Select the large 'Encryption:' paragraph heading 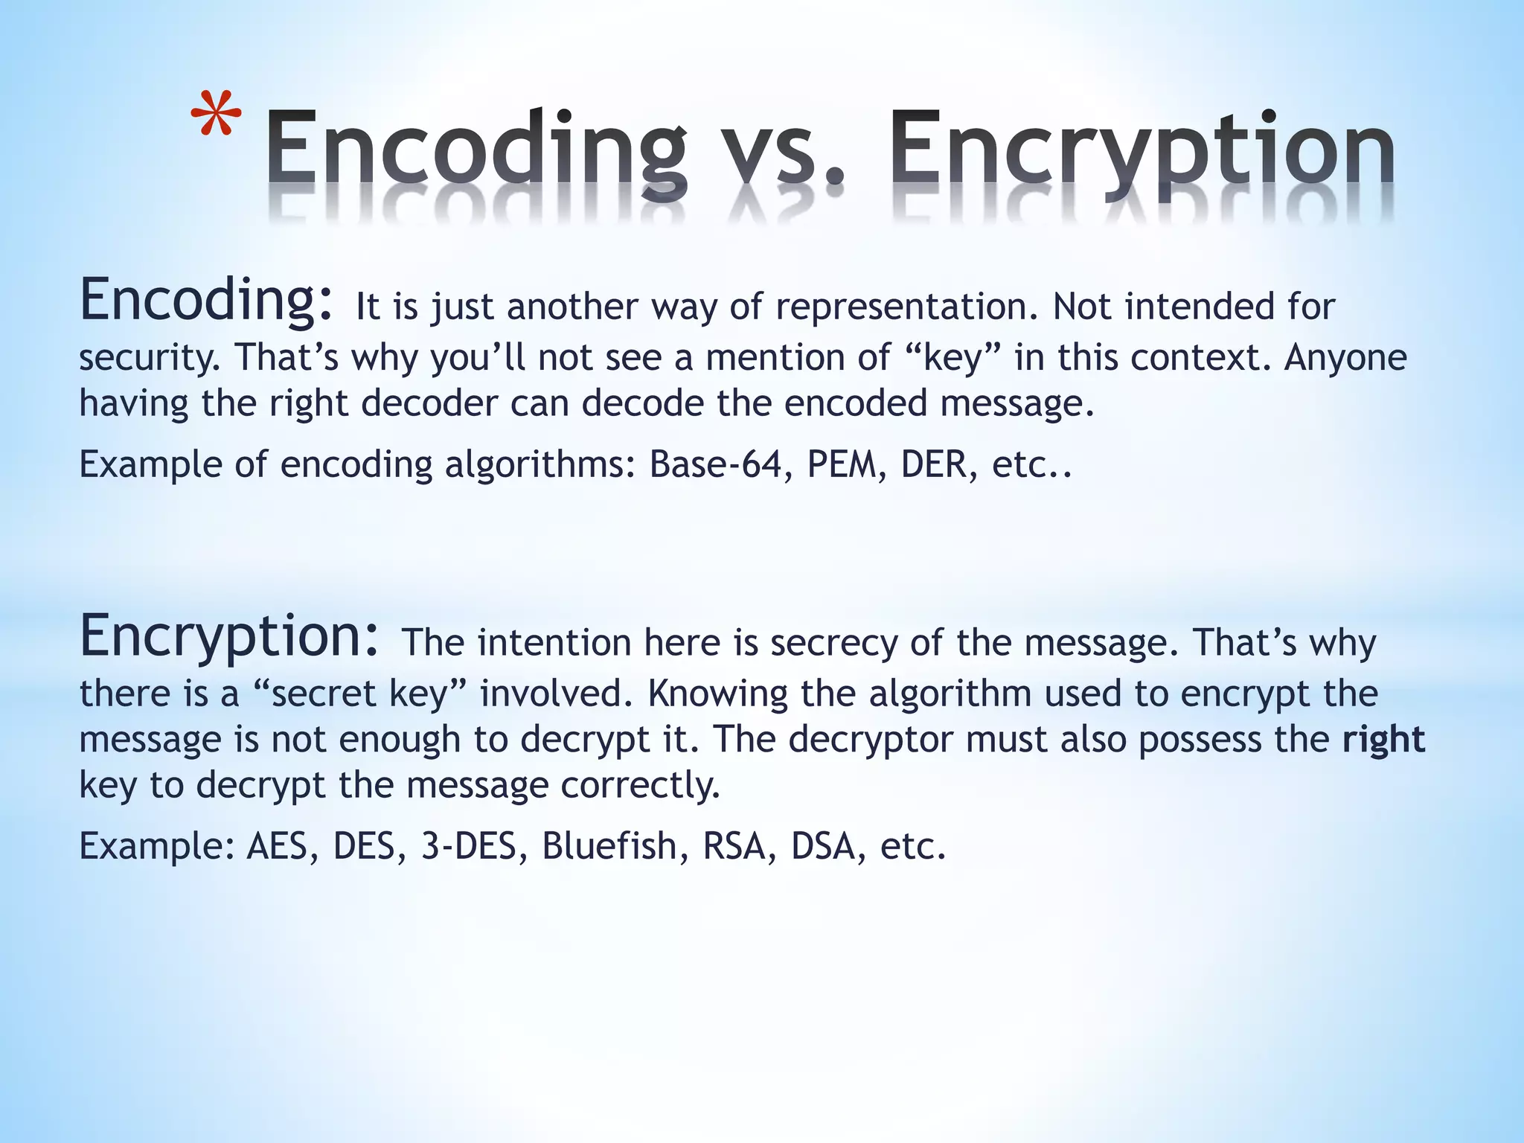(230, 637)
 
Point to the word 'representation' (906, 307)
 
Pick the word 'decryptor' (870, 740)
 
